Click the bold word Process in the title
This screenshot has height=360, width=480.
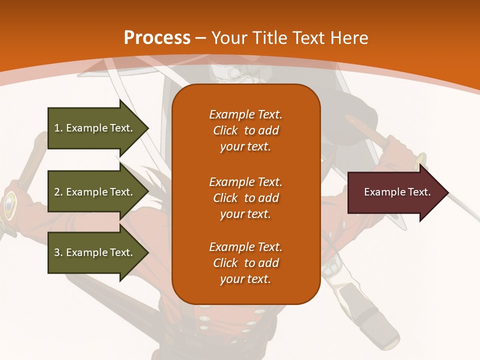(157, 38)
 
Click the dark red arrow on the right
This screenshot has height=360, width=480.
(395, 192)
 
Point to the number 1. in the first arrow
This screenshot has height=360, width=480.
(58, 128)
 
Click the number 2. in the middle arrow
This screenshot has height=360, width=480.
(58, 192)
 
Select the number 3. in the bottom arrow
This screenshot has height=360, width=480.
(58, 252)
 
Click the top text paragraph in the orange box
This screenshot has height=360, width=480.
(245, 130)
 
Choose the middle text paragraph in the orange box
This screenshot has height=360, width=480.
(245, 198)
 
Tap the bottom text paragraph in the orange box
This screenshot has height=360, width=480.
(245, 263)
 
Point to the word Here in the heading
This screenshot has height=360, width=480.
(349, 38)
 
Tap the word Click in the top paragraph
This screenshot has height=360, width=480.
(225, 130)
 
